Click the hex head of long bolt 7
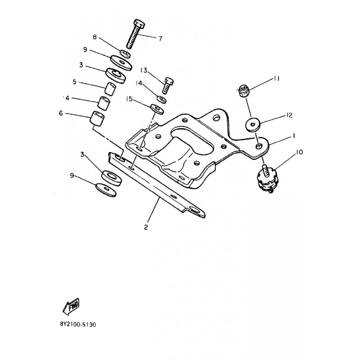pos(139,24)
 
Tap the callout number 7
pos(160,39)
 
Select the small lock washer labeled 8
pos(126,54)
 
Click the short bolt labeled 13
pos(168,85)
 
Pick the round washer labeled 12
pos(253,125)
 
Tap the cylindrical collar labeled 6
pos(97,118)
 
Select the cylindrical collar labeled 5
pos(110,88)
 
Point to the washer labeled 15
pos(157,109)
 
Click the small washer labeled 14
pos(162,99)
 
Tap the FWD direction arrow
pos(71,306)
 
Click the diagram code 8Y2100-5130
pos(78,324)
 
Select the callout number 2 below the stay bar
pos(146,227)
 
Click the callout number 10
pos(299,152)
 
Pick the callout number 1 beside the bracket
pos(293,136)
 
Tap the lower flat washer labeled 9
pos(106,190)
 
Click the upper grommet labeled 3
pos(116,75)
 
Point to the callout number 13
pos(144,70)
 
